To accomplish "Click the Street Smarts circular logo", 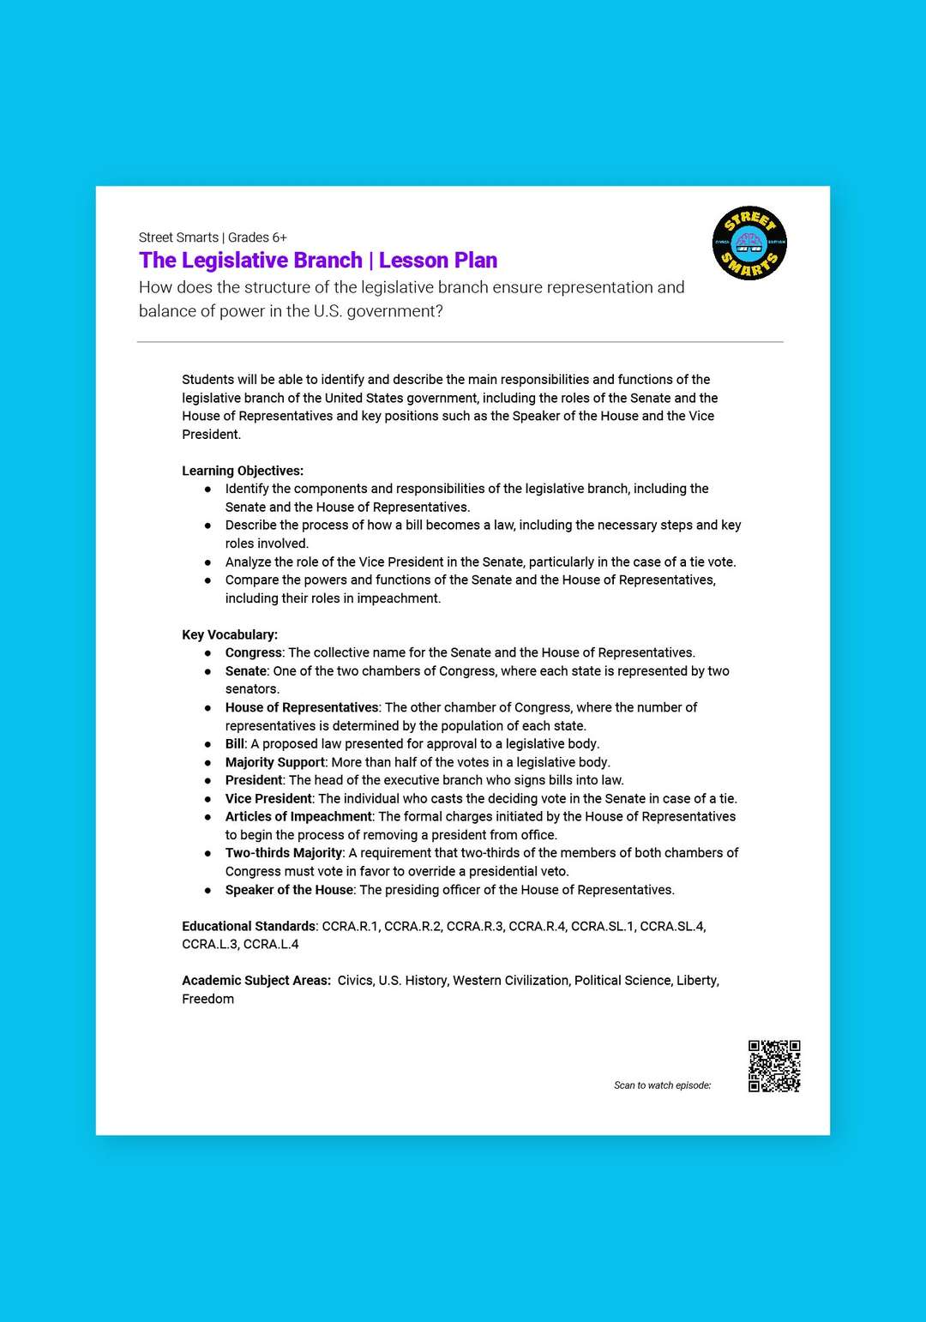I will click(x=749, y=243).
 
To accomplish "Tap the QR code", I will click(x=774, y=1066).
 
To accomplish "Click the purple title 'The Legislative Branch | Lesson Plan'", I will click(x=318, y=261).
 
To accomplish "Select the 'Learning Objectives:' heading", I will click(x=243, y=471).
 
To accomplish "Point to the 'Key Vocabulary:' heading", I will click(x=230, y=634).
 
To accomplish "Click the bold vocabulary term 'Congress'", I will click(x=254, y=652).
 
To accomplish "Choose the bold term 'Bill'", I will click(x=235, y=744).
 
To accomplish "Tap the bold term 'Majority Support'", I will click(x=275, y=762).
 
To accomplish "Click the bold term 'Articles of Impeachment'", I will click(x=298, y=816).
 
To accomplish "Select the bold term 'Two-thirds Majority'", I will click(x=284, y=853).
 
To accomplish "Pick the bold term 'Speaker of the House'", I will click(x=289, y=890).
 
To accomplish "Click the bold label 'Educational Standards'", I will click(x=249, y=926).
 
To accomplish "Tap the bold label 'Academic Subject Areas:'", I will click(x=256, y=981).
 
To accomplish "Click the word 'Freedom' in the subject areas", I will click(x=207, y=999).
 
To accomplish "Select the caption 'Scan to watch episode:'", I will click(x=662, y=1085).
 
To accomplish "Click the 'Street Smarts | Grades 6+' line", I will click(x=213, y=237).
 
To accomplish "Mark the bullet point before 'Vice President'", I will click(x=207, y=799).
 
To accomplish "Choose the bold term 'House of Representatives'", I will click(x=302, y=707).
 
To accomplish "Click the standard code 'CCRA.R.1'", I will click(x=350, y=926).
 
